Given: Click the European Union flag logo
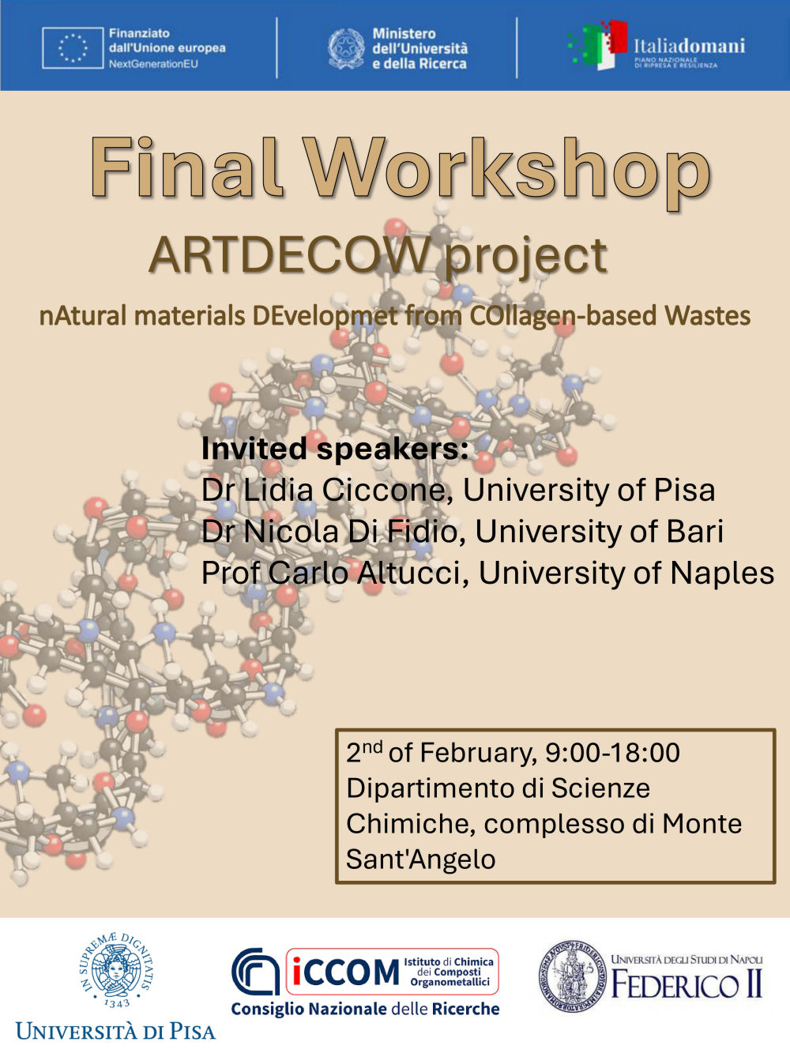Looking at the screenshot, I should pos(73,47).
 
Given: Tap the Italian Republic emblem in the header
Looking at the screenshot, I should pos(346,48).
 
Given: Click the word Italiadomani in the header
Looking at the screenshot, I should pos(689,46).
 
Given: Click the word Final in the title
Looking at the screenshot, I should pos(186,169).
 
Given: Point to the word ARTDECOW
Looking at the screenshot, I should pos(291,255).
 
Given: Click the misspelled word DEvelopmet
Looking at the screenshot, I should pos(325,316).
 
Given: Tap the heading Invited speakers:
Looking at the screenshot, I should pos(335,449).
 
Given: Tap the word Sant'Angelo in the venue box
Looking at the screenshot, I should pos(420,859).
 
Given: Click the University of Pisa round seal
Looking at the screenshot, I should pos(116,972).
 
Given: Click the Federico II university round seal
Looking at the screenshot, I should pos(571,976).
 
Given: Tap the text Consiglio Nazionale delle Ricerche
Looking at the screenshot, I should pos(365,1009).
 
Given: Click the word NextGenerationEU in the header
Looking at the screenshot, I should pos(153,63).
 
